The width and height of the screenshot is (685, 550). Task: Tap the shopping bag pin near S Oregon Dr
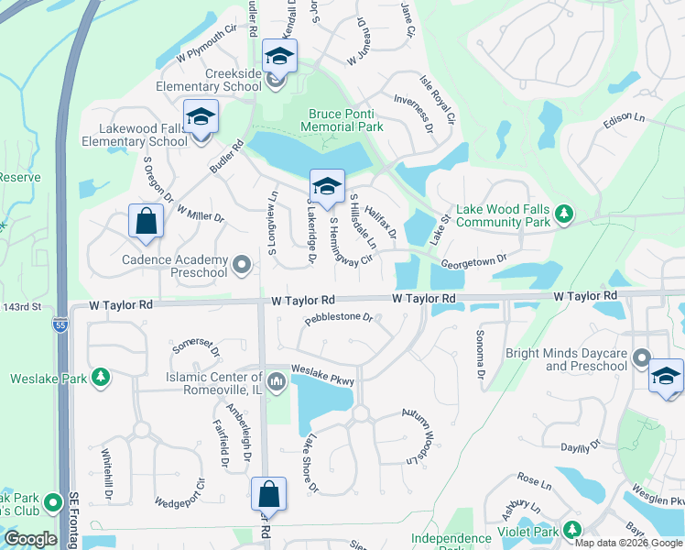146,221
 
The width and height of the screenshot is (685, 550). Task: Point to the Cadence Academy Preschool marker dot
242,266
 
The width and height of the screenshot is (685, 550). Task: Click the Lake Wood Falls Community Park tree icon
566,214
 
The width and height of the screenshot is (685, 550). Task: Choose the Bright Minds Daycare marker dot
641,358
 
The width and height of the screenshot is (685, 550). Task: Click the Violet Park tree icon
571,530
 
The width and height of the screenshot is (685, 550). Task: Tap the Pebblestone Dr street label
338,318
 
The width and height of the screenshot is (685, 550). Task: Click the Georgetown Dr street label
473,260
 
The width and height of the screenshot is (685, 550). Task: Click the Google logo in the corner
30,539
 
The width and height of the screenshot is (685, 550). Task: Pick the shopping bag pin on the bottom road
270,494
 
